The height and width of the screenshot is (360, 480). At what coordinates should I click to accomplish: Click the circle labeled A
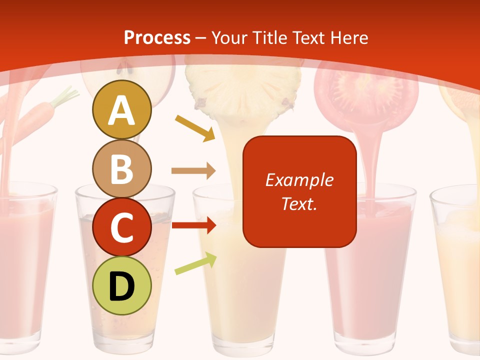121,110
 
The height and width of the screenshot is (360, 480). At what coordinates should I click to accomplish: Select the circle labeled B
121,168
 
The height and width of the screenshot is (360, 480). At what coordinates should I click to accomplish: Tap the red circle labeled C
121,227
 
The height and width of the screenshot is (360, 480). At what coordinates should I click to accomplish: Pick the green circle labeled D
121,285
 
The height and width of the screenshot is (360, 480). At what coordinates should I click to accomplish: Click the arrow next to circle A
194,128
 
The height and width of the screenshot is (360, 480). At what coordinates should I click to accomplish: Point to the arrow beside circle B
193,171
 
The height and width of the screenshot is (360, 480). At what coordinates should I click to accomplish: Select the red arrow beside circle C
193,225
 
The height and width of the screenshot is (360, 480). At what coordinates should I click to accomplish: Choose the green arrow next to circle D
195,263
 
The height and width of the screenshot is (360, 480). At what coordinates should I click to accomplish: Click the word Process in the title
157,37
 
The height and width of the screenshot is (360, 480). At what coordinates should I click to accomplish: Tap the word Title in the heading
270,37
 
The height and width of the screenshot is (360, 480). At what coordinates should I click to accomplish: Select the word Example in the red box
299,180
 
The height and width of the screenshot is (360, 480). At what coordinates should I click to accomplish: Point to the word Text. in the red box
299,203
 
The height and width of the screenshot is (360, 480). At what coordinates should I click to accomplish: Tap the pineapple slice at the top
244,90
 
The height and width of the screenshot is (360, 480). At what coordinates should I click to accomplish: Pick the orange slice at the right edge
462,100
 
